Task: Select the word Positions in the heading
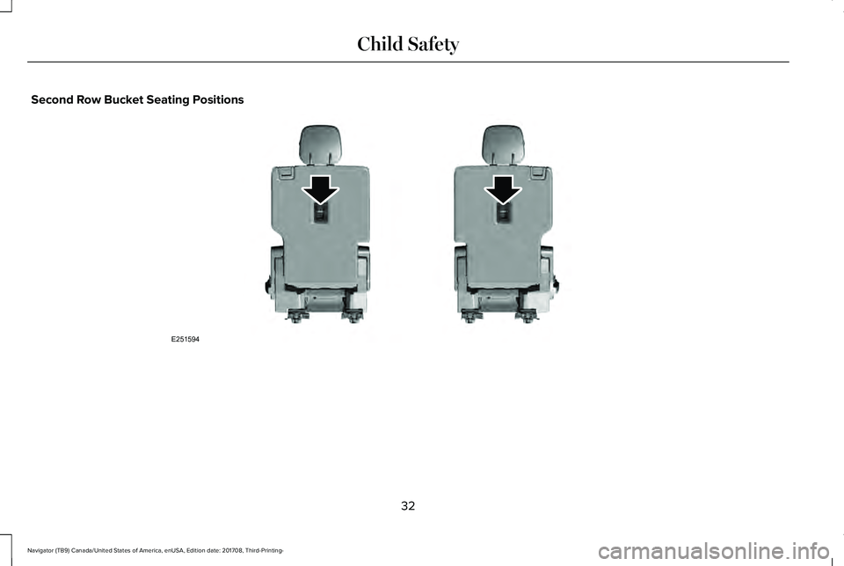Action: [x=217, y=99]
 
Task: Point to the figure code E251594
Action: [x=186, y=339]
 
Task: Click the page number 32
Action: [x=408, y=505]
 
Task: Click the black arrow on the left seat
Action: [x=320, y=190]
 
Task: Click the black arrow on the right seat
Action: [x=503, y=190]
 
